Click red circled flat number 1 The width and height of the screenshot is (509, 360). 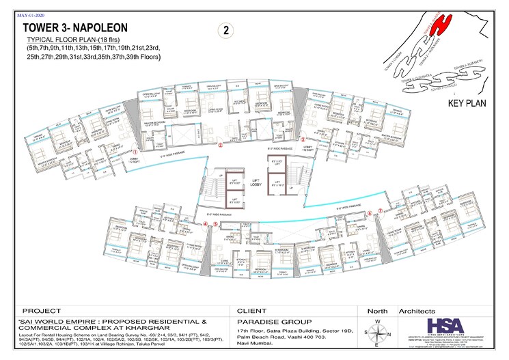pyautogui.click(x=135, y=153)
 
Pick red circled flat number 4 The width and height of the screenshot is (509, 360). pyautogui.click(x=206, y=223)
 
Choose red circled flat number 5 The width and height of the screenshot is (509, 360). pyautogui.click(x=216, y=223)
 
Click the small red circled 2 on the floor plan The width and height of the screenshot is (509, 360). pyautogui.click(x=220, y=145)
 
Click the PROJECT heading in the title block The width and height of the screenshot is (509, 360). pyautogui.click(x=42, y=309)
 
